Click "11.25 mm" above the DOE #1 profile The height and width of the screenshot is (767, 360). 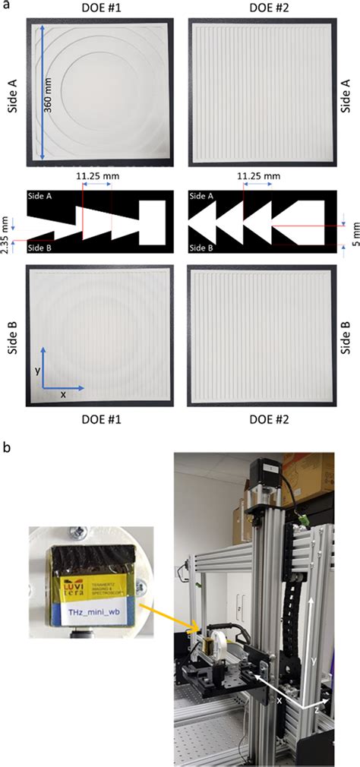[x=96, y=176]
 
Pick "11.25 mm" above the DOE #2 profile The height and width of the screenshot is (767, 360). [x=258, y=176]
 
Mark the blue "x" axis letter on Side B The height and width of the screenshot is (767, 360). [x=63, y=395]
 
